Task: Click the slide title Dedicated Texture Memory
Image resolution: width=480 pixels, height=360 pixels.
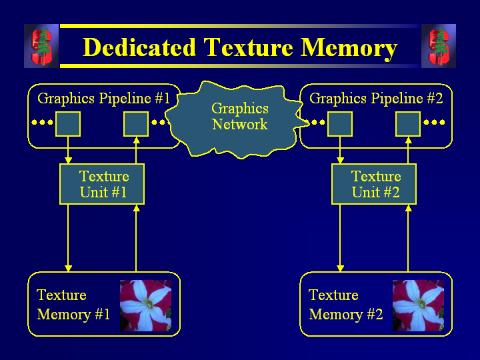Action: click(x=240, y=48)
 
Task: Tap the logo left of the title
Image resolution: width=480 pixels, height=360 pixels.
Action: click(x=41, y=46)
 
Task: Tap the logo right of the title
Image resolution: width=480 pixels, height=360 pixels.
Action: click(x=439, y=46)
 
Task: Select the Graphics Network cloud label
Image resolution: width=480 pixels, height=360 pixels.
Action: click(x=240, y=117)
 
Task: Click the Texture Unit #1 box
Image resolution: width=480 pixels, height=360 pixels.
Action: click(x=102, y=185)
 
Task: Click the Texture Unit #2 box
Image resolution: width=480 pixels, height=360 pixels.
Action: click(x=374, y=185)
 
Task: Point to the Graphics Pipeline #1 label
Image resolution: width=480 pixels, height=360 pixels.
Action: click(x=104, y=99)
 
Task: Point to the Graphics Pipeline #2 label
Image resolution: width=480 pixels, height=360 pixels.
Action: click(x=376, y=99)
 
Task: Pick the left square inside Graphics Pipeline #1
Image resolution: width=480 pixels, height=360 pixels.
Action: click(x=68, y=124)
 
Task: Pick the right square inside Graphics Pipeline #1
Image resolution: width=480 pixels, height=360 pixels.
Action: click(x=136, y=124)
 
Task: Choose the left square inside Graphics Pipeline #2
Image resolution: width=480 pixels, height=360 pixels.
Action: click(x=340, y=124)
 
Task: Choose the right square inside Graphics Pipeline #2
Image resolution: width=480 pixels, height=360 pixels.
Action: click(x=408, y=124)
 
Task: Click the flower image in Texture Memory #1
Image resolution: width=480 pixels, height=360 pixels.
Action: click(x=145, y=305)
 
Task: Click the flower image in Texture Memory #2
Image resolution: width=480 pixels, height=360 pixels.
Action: click(x=418, y=305)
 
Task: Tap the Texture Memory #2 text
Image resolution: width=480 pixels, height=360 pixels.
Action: click(x=345, y=305)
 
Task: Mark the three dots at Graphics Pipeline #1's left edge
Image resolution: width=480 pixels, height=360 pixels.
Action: click(x=42, y=123)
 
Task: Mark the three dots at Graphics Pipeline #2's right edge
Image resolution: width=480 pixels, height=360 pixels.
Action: click(x=434, y=123)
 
